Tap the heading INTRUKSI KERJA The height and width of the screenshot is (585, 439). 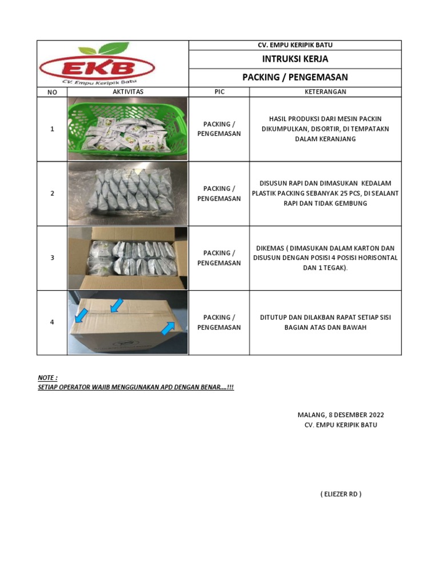click(295, 59)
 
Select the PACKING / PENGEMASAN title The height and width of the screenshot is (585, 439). click(295, 77)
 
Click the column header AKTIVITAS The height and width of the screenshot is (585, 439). click(128, 91)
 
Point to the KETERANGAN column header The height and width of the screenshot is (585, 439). click(326, 91)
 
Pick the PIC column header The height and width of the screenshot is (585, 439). click(219, 91)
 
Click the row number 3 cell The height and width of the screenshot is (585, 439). click(52, 258)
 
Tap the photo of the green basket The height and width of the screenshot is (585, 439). click(127, 129)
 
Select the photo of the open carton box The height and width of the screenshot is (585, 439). click(127, 258)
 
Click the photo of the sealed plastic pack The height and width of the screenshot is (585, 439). click(127, 193)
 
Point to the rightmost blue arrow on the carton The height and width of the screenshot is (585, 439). click(168, 327)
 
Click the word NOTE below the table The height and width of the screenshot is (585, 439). click(47, 378)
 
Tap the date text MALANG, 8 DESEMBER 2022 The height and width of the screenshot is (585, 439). click(341, 415)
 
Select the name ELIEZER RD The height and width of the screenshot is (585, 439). click(341, 494)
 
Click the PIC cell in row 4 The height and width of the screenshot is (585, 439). click(219, 322)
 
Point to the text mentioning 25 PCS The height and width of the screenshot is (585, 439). click(325, 193)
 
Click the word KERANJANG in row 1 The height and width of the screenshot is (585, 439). click(325, 139)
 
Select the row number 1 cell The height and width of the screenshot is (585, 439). click(52, 129)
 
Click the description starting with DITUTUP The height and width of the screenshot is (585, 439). click(325, 322)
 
